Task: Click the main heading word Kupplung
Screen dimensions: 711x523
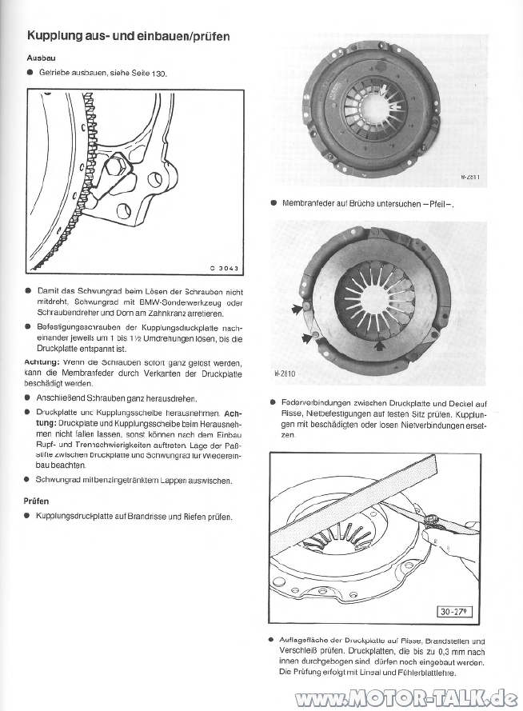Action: click(x=56, y=36)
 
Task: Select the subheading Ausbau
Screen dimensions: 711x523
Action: click(x=41, y=58)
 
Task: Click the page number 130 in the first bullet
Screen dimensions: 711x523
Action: click(x=157, y=74)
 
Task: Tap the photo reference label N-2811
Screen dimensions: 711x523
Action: click(x=471, y=178)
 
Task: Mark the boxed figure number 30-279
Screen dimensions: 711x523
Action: click(x=455, y=613)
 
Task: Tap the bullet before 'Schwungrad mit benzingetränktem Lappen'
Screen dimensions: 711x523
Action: click(x=29, y=480)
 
